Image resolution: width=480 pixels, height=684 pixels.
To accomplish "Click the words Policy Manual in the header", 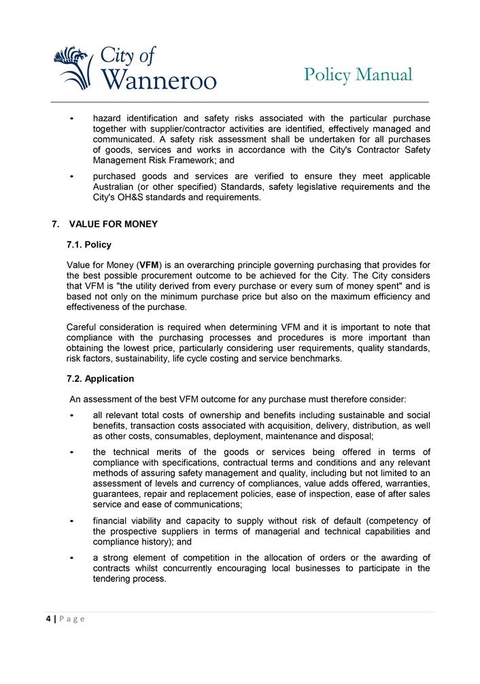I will [x=358, y=75].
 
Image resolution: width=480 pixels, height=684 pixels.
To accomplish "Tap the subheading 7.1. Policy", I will [x=89, y=244].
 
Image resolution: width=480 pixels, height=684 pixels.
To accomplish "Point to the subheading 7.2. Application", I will [x=101, y=378].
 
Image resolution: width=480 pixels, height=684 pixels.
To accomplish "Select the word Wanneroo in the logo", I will [x=160, y=80].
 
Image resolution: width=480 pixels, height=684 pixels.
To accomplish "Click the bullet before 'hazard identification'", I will [x=72, y=118].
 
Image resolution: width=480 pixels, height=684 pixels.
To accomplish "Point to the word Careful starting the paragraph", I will [x=84, y=327].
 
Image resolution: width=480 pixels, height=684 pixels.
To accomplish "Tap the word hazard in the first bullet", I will [x=109, y=118].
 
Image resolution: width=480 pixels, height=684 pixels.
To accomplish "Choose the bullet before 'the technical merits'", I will [x=72, y=452].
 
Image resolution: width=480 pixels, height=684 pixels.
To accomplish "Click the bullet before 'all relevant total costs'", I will [x=72, y=415].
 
